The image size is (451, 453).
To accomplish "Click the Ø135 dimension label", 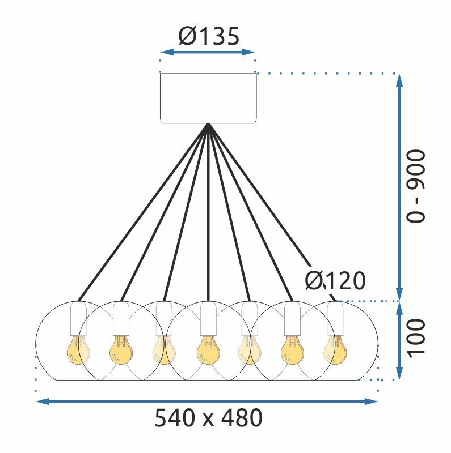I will pos(208,36).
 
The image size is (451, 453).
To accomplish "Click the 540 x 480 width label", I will pos(208,419).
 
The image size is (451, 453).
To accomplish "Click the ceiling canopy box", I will pos(208,98).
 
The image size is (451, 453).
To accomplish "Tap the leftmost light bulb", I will pos(78,351).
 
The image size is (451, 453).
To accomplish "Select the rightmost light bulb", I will pos(334,349).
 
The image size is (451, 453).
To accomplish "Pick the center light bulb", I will pos(208,351).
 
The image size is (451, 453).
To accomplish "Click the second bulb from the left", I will pos(121,351).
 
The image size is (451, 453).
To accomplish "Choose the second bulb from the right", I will pos(292,351).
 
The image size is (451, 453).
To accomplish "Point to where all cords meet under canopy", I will pos(208,126).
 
